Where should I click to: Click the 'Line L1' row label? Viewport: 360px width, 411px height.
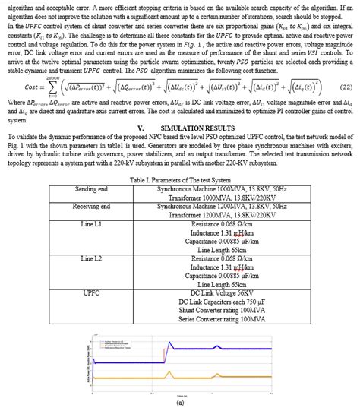point(91,225)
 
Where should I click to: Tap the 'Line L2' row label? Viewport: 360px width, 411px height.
point(91,259)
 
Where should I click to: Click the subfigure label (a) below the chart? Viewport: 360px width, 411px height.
point(180,403)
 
